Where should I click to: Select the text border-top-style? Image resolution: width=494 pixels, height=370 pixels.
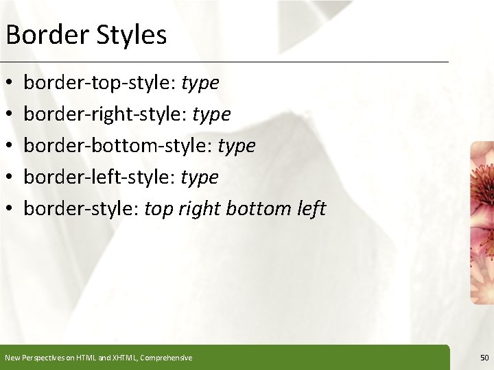point(100,83)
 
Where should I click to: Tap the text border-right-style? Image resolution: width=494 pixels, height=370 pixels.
point(106,114)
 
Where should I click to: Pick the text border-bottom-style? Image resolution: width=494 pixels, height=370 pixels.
point(118,146)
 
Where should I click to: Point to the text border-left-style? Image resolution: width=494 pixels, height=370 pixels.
point(100,177)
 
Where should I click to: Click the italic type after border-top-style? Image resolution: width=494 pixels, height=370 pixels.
point(200,84)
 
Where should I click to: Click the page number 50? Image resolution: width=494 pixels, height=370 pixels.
point(484,358)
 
